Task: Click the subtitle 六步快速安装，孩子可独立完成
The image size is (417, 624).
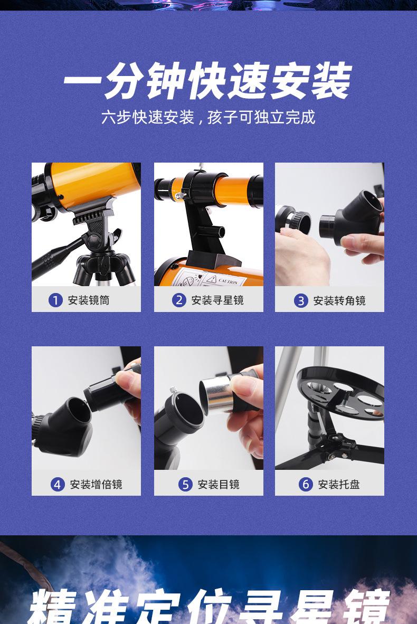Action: tap(208, 117)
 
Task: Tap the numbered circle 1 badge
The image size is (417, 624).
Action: tap(55, 300)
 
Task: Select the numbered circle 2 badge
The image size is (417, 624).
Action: tap(179, 300)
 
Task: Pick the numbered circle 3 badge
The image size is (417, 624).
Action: tap(301, 301)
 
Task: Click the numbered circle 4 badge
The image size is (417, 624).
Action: tap(58, 484)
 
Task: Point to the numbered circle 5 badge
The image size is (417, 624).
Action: tap(185, 484)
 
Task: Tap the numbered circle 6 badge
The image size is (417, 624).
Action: tap(306, 484)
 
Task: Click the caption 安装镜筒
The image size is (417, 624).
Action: tap(89, 300)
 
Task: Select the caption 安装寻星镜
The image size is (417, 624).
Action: tap(217, 300)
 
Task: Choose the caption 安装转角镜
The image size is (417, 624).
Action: tap(339, 301)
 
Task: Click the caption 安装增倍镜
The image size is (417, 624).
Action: tap(96, 484)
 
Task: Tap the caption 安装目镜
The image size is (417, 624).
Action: tap(219, 484)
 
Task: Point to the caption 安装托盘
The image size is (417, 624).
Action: tap(339, 484)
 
